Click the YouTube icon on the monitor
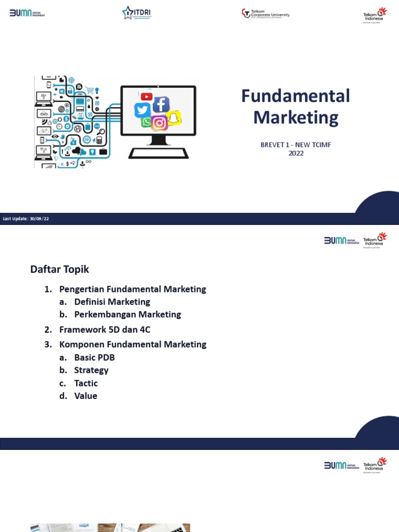pyautogui.click(x=147, y=97)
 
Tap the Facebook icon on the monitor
pyautogui.click(x=161, y=104)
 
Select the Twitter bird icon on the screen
pyautogui.click(x=142, y=110)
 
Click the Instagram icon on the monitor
pyautogui.click(x=159, y=123)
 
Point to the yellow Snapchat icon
pyautogui.click(x=175, y=118)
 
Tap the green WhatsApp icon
pyautogui.click(x=146, y=122)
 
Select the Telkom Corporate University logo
pyautogui.click(x=265, y=14)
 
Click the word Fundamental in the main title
pyautogui.click(x=296, y=96)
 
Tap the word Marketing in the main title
pyautogui.click(x=296, y=117)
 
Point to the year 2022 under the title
pyautogui.click(x=296, y=153)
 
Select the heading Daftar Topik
pyautogui.click(x=60, y=269)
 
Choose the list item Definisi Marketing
pyautogui.click(x=112, y=302)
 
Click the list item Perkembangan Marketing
pyautogui.click(x=127, y=314)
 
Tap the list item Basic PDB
pyautogui.click(x=95, y=357)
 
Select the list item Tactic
pyautogui.click(x=86, y=383)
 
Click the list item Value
pyautogui.click(x=86, y=396)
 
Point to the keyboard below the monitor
pyautogui.click(x=158, y=153)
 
